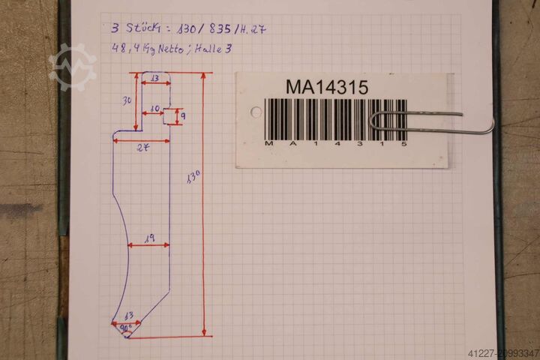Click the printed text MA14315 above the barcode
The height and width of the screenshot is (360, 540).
(x=326, y=87)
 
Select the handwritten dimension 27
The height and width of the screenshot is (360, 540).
(x=142, y=148)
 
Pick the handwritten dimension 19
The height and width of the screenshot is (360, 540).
(x=148, y=238)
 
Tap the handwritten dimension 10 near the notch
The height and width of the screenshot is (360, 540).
(x=155, y=109)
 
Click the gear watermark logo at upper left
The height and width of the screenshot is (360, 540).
(x=73, y=67)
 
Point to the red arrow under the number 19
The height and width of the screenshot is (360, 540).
(x=148, y=245)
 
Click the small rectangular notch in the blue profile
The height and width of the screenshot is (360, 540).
(x=169, y=116)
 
